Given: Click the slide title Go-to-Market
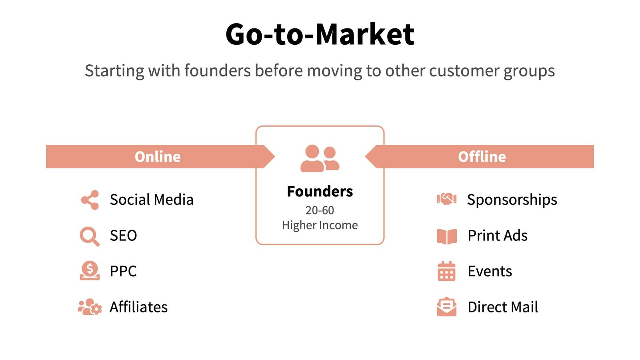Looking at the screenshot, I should (x=320, y=34).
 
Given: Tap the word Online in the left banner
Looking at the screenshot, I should (x=158, y=156).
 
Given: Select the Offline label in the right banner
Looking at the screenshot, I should (x=482, y=156).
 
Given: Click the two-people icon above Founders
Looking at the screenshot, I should (x=320, y=159).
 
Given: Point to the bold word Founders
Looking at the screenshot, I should (x=320, y=192).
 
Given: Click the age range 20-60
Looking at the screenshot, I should (x=320, y=210).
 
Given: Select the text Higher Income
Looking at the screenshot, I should (x=320, y=225).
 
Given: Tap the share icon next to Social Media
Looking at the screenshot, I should (x=90, y=200).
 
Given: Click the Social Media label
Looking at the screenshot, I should (x=152, y=200).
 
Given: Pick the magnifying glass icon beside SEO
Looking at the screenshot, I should (x=89, y=236).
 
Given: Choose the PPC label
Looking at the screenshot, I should (x=123, y=271).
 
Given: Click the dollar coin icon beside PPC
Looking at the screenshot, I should (x=90, y=271).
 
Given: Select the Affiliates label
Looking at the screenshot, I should (x=138, y=307).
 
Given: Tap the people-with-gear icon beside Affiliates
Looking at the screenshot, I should (x=90, y=307).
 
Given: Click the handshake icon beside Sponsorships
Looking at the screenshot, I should (x=446, y=199).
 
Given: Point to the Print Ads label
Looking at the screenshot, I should (x=498, y=236).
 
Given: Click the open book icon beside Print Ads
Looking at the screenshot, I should (x=446, y=236).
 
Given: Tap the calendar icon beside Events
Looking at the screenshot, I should (x=446, y=271).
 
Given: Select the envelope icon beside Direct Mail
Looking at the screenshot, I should (x=446, y=307).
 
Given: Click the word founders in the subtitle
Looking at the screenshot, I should (x=217, y=71).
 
